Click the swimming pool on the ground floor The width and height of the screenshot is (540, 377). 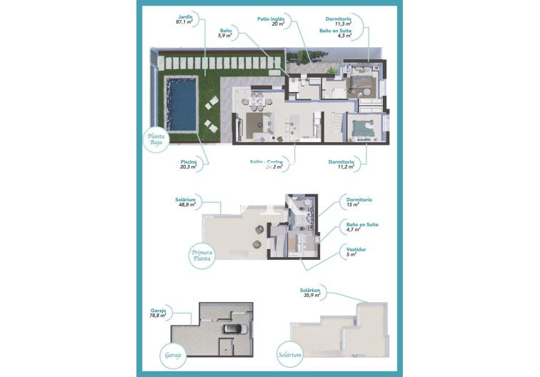[x=182, y=104]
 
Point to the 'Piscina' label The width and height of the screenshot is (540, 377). [x=189, y=162]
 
